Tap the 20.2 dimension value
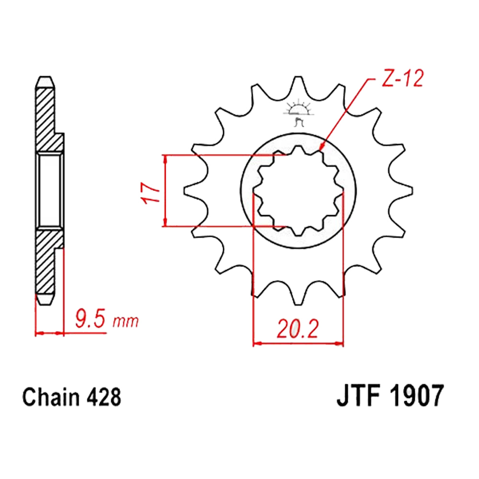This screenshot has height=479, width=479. tap(298, 329)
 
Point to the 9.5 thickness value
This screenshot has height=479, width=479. tap(91, 319)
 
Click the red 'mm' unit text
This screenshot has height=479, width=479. tap(125, 321)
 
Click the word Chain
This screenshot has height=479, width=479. tap(51, 397)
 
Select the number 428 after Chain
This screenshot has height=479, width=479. tap(104, 397)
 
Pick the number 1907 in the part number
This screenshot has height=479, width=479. tap(417, 396)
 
